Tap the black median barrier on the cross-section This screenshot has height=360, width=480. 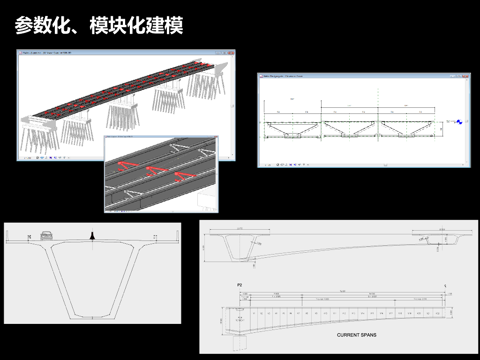click(93, 236)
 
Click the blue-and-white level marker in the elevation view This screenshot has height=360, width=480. click(459, 121)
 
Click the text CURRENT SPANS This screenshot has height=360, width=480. click(356, 335)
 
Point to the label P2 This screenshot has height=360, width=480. click(240, 285)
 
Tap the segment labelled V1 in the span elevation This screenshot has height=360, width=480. click(254, 314)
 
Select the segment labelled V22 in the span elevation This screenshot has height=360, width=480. click(437, 314)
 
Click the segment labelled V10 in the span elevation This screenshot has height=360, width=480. click(325, 314)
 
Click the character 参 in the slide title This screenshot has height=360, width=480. click(24, 25)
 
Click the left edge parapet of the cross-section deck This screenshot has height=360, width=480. click(7, 236)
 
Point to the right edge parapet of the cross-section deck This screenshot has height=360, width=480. click(178, 236)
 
